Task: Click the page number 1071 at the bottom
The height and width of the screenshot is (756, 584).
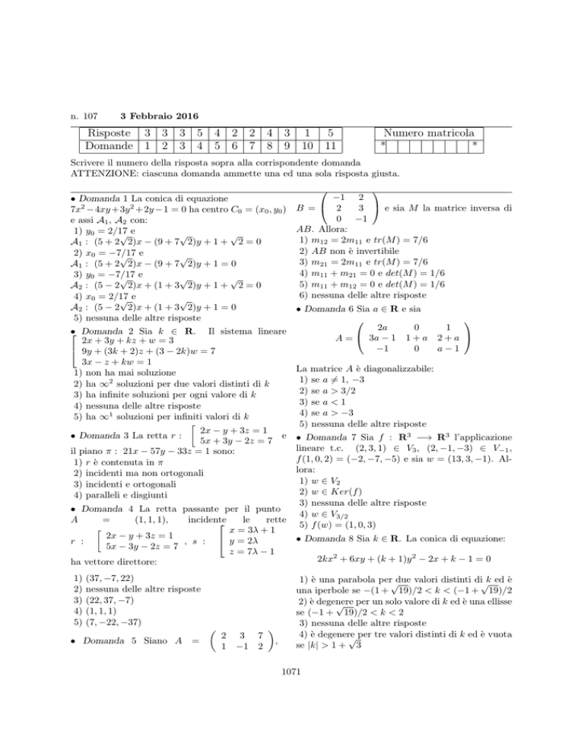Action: pyautogui.click(x=291, y=736)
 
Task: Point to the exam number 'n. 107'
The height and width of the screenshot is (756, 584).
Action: pyautogui.click(x=82, y=116)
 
